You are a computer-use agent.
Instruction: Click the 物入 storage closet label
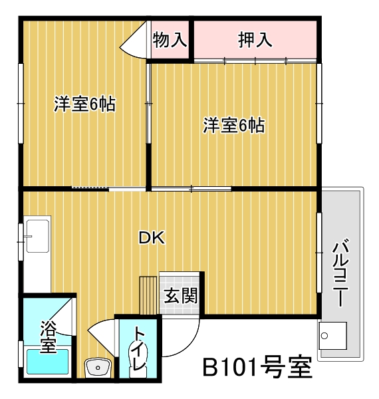coord(170,40)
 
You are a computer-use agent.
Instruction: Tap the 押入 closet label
coord(255,40)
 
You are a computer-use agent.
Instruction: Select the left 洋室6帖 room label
coord(84,104)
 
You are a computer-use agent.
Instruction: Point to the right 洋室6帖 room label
coord(234,125)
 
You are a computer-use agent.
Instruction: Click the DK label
coord(152,238)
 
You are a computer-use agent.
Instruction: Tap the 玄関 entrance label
coord(181,296)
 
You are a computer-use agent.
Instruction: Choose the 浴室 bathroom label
coord(48,336)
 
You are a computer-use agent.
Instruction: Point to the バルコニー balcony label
coord(340,272)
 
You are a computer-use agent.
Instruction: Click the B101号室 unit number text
coord(257,367)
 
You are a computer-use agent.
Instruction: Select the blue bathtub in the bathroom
coord(48,362)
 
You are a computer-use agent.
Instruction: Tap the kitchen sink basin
coord(38,236)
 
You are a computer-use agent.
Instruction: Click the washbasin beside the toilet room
coord(98,367)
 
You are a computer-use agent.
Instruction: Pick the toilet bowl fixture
coord(138,360)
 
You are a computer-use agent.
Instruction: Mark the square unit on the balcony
coord(332,336)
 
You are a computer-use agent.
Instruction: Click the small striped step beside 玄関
coord(148,295)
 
